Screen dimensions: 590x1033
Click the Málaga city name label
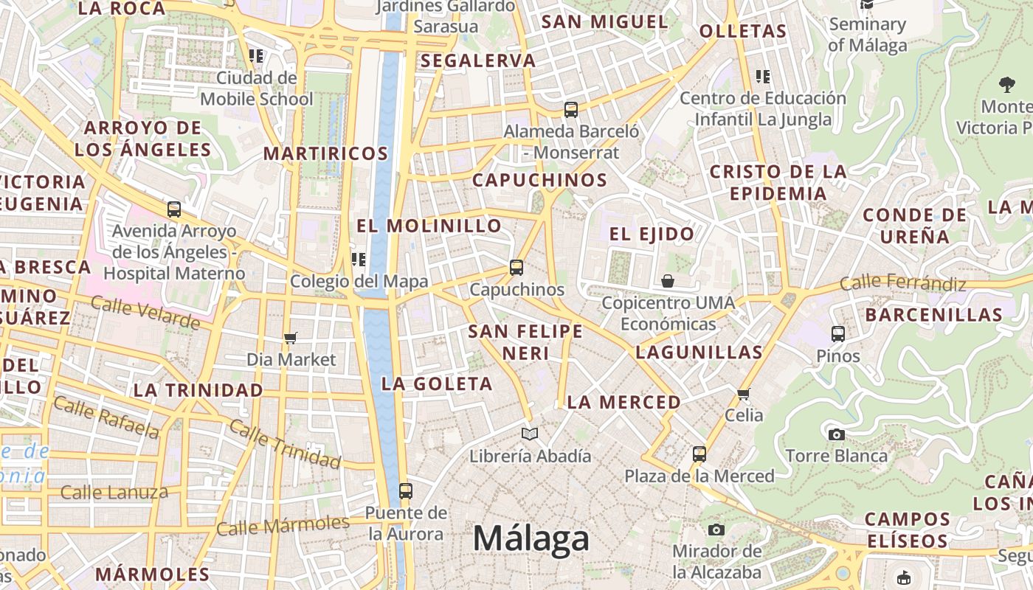tap(531, 539)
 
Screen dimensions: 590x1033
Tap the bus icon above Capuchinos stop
tap(516, 267)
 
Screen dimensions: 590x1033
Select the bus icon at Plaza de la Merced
tap(699, 454)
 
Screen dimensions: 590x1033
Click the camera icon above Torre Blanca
tap(836, 434)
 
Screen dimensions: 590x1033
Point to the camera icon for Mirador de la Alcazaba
tap(716, 530)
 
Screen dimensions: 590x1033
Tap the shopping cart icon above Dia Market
tap(291, 338)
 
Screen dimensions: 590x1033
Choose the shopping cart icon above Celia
tap(744, 394)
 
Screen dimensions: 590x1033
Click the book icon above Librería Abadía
tap(530, 434)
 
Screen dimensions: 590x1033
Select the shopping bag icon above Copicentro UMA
tap(668, 281)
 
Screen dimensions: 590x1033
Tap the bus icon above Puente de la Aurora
tap(405, 490)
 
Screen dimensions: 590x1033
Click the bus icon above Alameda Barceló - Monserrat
tap(571, 110)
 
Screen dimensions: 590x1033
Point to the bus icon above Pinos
tap(838, 334)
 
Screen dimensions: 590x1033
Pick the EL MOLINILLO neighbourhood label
tap(429, 226)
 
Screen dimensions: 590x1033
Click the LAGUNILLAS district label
tap(699, 353)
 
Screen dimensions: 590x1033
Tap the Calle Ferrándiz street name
tap(902, 282)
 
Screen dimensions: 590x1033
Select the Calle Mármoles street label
tap(283, 526)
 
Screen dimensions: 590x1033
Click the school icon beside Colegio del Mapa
tap(359, 259)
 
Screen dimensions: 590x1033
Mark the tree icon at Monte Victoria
tap(1006, 85)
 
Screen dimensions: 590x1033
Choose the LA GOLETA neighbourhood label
tap(437, 383)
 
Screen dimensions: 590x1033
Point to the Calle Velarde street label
tap(145, 312)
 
